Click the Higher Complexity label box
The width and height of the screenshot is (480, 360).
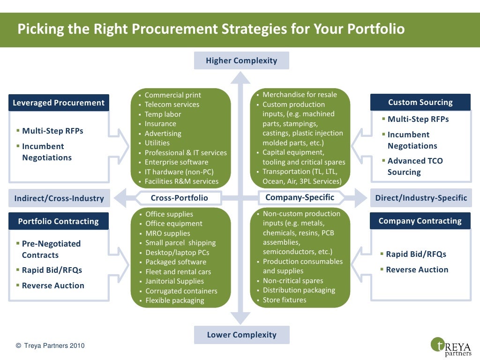coord(241,60)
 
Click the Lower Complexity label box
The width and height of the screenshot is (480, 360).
coord(241,335)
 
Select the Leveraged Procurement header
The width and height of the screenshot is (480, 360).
coord(59,103)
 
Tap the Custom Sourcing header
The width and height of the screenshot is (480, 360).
coord(420,102)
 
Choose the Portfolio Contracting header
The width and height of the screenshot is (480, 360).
coord(59,221)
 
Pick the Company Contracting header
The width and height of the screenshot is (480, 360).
coord(420,221)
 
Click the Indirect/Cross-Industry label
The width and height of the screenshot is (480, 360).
coord(59,198)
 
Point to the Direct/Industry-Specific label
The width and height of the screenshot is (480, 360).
coord(421,198)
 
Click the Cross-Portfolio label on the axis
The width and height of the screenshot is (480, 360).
coord(179,198)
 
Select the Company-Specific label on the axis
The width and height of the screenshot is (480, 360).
coord(300,197)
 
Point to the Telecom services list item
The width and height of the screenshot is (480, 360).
coord(172,105)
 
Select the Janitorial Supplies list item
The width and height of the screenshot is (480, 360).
coord(174,281)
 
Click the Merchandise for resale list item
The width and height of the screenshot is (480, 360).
coord(300,95)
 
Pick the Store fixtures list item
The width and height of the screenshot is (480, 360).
coord(284,300)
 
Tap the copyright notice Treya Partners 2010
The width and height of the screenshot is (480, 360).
coord(50,346)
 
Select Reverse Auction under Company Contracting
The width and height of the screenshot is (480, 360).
coord(417,270)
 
